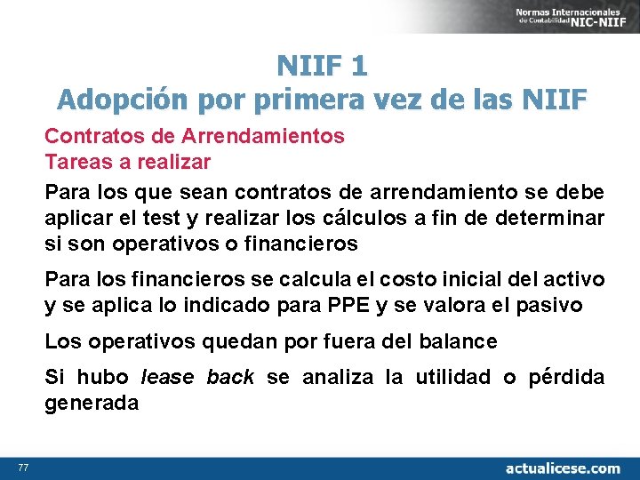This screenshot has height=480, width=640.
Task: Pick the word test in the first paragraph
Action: click(x=192, y=218)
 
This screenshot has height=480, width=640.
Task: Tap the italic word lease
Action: click(x=167, y=377)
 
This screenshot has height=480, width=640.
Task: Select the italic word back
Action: click(x=230, y=377)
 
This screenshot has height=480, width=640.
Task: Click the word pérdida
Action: click(x=565, y=377)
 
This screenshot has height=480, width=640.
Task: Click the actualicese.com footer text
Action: click(x=562, y=468)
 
